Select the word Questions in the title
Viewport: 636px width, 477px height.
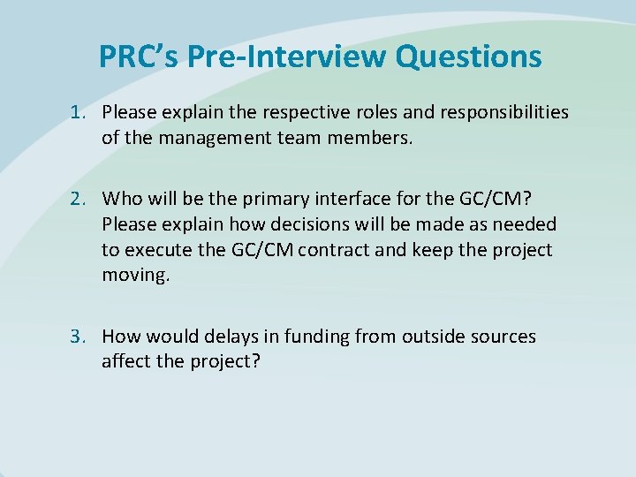[x=469, y=57]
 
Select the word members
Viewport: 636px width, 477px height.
[x=373, y=138]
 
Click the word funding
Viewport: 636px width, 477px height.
[x=315, y=337]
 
